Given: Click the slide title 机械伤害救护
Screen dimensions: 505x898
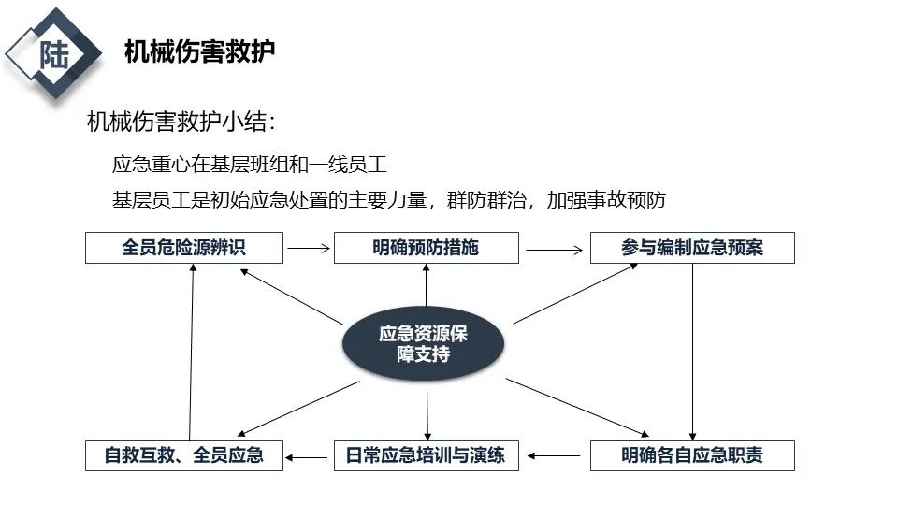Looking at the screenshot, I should pyautogui.click(x=199, y=51).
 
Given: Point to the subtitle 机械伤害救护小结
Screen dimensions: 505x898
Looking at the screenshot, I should pyautogui.click(x=181, y=123).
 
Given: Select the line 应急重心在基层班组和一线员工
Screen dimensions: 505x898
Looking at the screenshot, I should pyautogui.click(x=249, y=165).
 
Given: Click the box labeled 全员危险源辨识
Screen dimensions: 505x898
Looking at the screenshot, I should pyautogui.click(x=183, y=248).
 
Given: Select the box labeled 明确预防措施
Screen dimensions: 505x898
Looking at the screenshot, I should pyautogui.click(x=426, y=248).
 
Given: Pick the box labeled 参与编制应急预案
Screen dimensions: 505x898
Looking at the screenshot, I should pyautogui.click(x=692, y=248).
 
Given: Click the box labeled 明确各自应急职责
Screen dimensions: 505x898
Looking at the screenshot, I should pyautogui.click(x=692, y=455).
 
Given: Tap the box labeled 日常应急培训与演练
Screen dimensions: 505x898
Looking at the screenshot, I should pyautogui.click(x=426, y=455).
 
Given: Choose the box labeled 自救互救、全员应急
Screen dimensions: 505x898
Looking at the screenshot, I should pyautogui.click(x=183, y=455).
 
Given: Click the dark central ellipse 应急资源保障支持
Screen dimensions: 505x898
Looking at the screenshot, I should pyautogui.click(x=424, y=343).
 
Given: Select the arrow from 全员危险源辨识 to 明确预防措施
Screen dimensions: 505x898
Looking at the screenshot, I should pyautogui.click(x=309, y=249).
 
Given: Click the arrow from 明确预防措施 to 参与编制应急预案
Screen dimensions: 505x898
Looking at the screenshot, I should pyautogui.click(x=554, y=250).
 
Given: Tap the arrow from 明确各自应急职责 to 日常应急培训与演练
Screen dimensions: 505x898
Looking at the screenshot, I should pyautogui.click(x=554, y=456).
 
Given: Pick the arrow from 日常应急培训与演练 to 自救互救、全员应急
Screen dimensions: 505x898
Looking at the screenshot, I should pyautogui.click(x=309, y=456).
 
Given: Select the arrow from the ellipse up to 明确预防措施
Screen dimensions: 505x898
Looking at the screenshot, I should pyautogui.click(x=426, y=285).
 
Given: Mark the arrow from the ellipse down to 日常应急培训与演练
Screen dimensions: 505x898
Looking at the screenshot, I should pyautogui.click(x=427, y=416).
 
